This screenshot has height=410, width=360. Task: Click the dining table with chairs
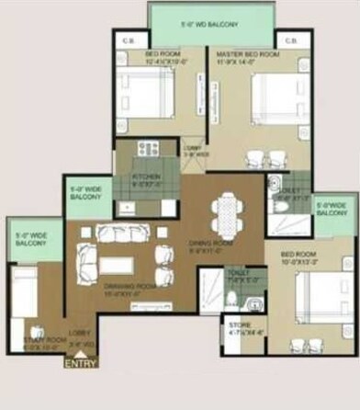[x=224, y=213]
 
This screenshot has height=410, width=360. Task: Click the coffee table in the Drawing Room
[x=117, y=265]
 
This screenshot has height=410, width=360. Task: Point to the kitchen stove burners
[x=147, y=147]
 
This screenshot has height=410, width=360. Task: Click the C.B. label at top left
[x=128, y=41]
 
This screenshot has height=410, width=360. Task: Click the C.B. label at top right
[x=291, y=41]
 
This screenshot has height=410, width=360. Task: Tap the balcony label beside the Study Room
[x=30, y=239]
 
